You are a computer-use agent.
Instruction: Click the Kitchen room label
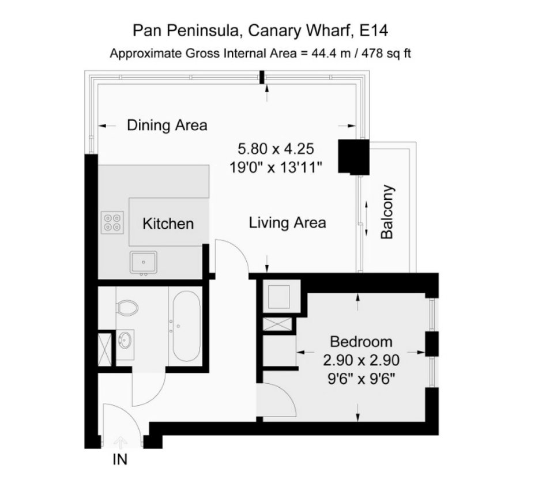click(x=168, y=224)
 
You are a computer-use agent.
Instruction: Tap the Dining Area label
click(x=167, y=125)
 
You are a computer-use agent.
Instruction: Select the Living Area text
click(x=287, y=223)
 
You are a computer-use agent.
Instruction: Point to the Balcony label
click(x=387, y=212)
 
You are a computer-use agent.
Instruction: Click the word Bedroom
click(x=361, y=342)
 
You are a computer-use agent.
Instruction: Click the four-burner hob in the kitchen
click(x=112, y=222)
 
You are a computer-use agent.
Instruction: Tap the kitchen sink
click(x=144, y=262)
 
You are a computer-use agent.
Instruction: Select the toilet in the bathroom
click(x=127, y=307)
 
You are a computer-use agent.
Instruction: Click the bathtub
click(x=186, y=326)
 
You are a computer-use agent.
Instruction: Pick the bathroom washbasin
click(x=125, y=340)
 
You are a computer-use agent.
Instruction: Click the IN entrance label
click(x=120, y=460)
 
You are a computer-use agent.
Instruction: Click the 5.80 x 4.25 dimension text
click(x=276, y=149)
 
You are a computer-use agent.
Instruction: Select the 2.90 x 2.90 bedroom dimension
click(x=361, y=360)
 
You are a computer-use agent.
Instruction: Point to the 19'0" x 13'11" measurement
click(x=276, y=168)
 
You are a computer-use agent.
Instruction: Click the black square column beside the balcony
click(x=353, y=156)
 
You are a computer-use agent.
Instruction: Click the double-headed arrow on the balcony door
click(x=366, y=218)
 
